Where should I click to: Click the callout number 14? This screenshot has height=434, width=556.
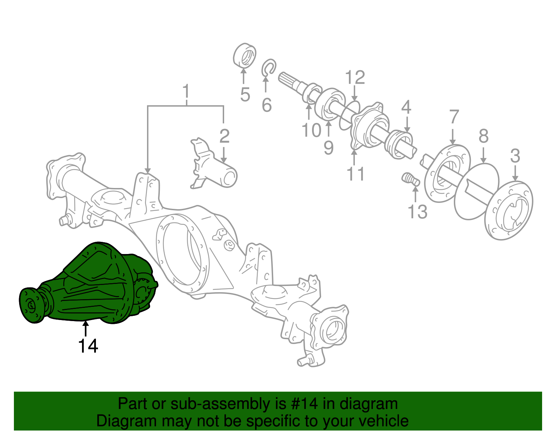[88, 346]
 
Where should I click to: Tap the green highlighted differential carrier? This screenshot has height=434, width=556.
[94, 285]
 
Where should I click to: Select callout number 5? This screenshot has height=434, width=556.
[245, 95]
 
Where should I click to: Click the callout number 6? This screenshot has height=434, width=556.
[267, 105]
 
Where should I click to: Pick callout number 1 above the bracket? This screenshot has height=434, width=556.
[187, 91]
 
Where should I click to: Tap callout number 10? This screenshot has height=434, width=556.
[311, 131]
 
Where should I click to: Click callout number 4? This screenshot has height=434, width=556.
[406, 107]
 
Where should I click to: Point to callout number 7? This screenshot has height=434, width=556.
[454, 117]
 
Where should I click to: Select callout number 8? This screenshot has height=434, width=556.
[483, 136]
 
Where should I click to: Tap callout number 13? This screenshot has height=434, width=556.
[417, 212]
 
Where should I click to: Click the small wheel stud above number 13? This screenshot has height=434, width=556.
[410, 180]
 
